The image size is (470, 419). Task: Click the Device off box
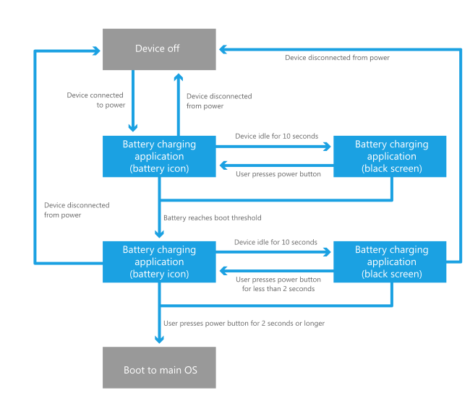point(159,49)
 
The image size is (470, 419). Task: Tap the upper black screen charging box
point(390,156)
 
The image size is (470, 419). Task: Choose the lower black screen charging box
point(390,262)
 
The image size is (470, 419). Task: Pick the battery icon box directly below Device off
point(159,156)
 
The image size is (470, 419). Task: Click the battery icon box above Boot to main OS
point(159,262)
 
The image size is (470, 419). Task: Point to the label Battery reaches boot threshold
point(212,217)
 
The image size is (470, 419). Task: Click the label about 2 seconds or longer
point(244,323)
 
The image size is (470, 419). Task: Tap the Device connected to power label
point(95,100)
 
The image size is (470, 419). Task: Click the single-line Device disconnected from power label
point(337,58)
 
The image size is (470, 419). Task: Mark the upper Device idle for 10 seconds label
point(276,136)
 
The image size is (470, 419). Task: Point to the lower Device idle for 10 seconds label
point(275,242)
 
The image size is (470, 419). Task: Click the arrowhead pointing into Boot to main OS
point(159,340)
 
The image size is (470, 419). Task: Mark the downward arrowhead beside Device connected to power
point(133,128)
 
